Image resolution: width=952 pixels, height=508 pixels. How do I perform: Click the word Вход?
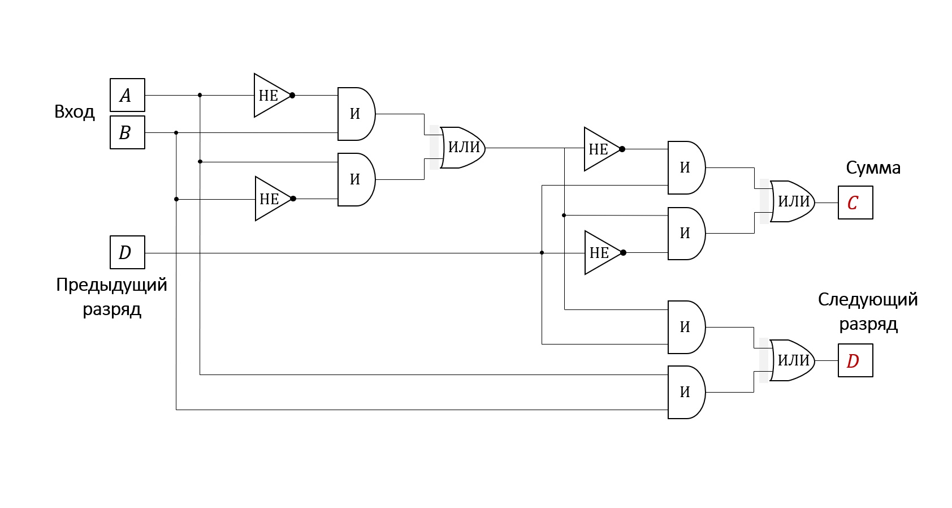[x=75, y=112]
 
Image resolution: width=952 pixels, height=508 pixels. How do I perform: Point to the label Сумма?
[x=873, y=168]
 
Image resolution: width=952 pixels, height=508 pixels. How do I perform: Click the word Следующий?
[x=868, y=300]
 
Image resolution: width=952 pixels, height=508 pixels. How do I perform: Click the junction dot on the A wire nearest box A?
[x=200, y=95]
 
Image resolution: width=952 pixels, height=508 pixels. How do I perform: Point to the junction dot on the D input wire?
[x=542, y=253]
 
